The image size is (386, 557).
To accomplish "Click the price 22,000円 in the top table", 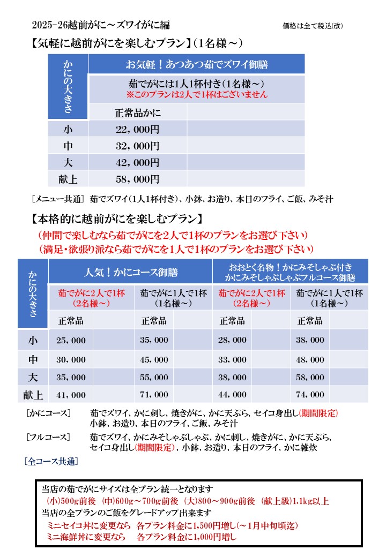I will [138, 129].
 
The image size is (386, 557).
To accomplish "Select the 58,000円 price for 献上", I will [138, 179].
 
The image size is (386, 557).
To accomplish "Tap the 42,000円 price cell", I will [138, 162].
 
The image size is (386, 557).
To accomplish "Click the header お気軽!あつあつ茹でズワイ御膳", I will [197, 65].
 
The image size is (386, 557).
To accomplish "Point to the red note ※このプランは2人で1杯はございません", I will [197, 94].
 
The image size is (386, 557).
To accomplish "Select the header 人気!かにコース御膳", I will [131, 272].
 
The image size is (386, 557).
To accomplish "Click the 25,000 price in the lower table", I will [71, 340].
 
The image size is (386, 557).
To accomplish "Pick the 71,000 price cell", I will [154, 395].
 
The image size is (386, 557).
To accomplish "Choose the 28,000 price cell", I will [232, 340].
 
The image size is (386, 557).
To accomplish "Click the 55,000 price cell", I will [154, 377].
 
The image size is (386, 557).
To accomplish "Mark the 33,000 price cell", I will [232, 359].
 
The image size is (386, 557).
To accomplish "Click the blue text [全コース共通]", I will [51, 461].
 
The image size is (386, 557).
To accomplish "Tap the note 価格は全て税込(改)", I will [313, 26].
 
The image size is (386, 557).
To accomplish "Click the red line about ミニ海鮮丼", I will [142, 536].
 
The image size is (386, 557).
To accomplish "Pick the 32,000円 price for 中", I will [138, 146].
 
